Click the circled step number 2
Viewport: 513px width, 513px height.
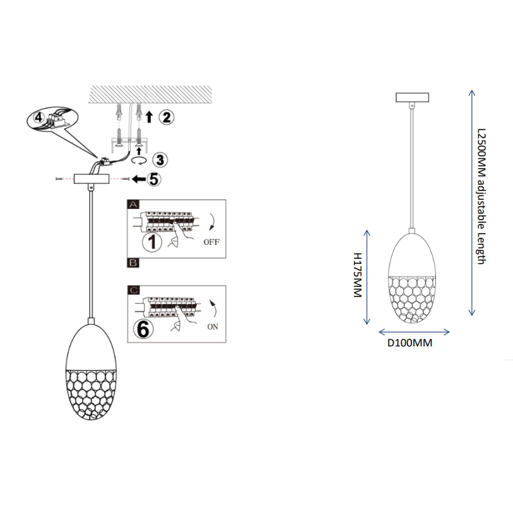click(x=165, y=116)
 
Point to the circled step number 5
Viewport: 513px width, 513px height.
click(x=153, y=179)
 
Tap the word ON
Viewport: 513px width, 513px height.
click(x=213, y=327)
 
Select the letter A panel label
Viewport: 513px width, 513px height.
click(x=133, y=204)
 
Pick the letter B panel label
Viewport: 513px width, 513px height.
click(x=133, y=261)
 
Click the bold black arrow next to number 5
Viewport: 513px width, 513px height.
click(x=136, y=180)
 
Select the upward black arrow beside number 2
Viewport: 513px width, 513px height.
click(x=149, y=116)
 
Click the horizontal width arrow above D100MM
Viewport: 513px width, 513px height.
click(x=413, y=332)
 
